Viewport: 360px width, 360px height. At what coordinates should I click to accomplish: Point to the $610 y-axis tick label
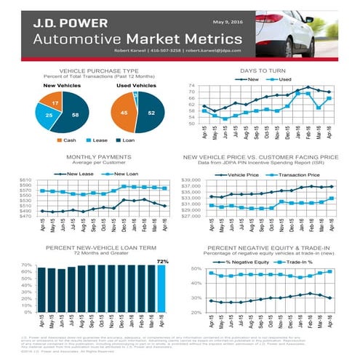(25, 180)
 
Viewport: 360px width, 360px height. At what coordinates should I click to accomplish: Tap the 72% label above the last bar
(162, 260)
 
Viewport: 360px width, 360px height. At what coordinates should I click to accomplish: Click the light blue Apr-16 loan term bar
(162, 289)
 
